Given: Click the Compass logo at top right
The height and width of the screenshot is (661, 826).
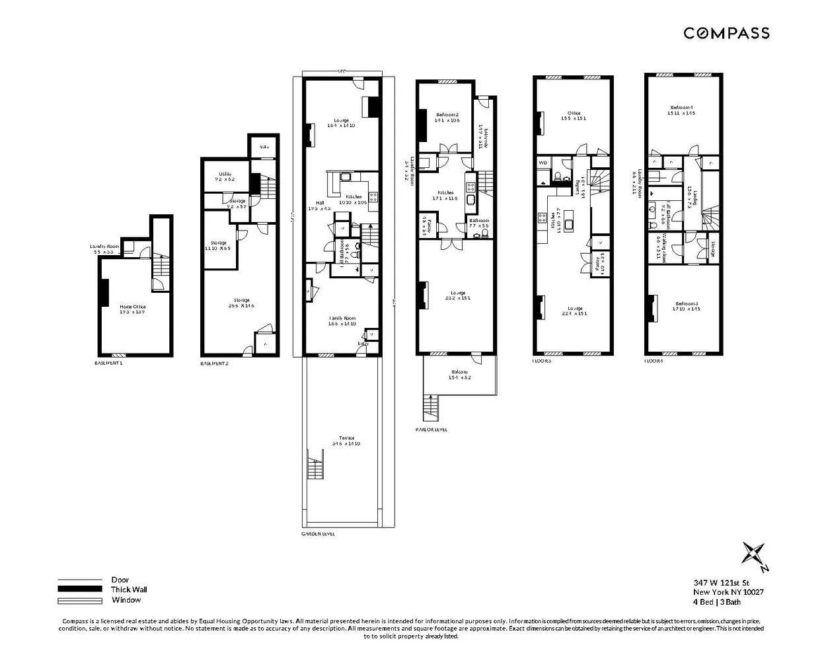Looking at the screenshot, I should (x=726, y=33).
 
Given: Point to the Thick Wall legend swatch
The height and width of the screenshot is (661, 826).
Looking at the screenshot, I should (x=80, y=589).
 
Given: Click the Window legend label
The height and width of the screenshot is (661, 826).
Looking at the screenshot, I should (x=126, y=600).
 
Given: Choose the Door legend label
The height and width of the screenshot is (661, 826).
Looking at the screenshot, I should (x=120, y=580).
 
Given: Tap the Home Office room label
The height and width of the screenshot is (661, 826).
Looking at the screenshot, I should (x=133, y=307).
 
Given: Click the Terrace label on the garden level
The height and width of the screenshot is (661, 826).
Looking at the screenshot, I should (x=347, y=438).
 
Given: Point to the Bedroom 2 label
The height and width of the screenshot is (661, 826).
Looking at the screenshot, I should (x=447, y=114).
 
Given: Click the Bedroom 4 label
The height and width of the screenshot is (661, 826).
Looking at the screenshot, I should (x=681, y=108).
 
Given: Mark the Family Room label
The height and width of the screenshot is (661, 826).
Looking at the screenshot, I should (x=343, y=318).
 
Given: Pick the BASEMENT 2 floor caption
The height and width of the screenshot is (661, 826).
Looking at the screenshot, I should (x=215, y=364).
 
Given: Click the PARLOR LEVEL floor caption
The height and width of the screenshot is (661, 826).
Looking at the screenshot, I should (x=432, y=430).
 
